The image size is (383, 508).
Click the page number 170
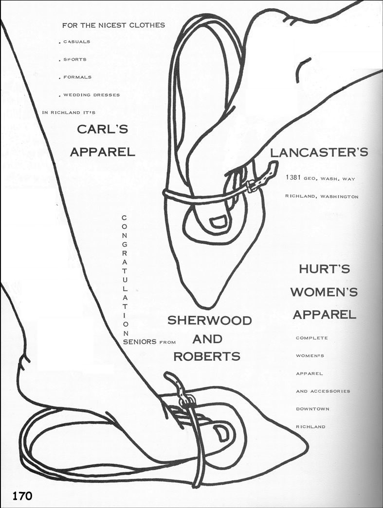[x=22, y=496]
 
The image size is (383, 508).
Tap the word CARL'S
[x=103, y=129]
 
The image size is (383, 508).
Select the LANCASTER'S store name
[x=319, y=152]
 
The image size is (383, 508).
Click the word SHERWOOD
[x=209, y=321]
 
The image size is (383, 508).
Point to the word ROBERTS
[x=207, y=356]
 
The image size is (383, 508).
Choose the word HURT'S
[x=325, y=269]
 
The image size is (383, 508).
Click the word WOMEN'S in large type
[x=324, y=291]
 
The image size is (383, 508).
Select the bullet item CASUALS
[x=76, y=42]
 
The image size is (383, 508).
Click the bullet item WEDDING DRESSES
[x=91, y=95]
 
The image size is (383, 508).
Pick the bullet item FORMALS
[x=77, y=77]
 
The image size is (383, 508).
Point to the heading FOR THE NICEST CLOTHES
[x=113, y=25]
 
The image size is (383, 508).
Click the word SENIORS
[x=140, y=341]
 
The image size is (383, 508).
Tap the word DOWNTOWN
[x=312, y=409]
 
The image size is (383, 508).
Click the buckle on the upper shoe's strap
[x=251, y=186]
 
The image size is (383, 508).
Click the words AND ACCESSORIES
[x=323, y=391]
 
